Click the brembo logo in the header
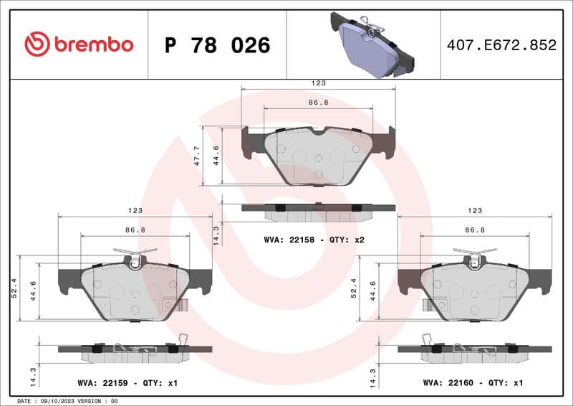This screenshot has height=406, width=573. click(x=79, y=44)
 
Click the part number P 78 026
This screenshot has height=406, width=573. click(x=217, y=45)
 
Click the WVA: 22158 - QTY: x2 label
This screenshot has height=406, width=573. click(x=314, y=239)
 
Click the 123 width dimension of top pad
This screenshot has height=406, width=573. click(x=318, y=83)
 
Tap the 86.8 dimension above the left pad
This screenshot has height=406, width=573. click(x=135, y=230)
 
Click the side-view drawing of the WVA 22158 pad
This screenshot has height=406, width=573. click(x=318, y=211)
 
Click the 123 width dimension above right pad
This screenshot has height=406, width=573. click(x=474, y=211)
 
